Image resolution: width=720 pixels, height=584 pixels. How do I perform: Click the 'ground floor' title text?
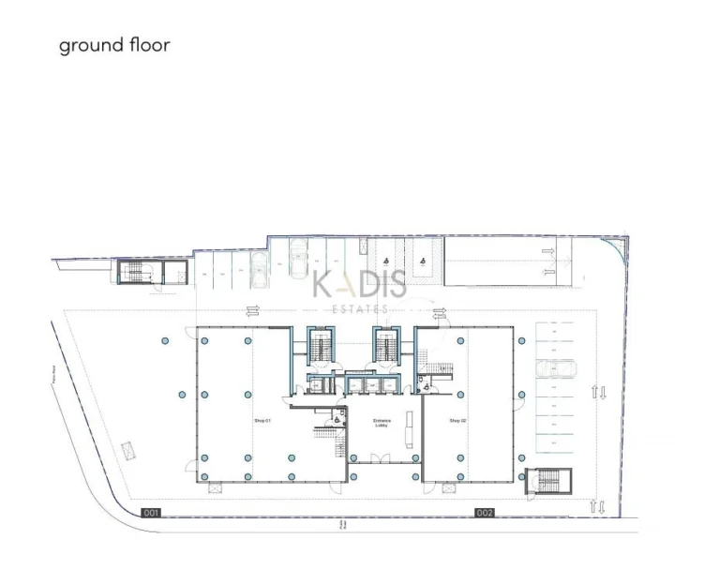114,45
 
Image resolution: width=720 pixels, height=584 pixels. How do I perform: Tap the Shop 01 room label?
262,421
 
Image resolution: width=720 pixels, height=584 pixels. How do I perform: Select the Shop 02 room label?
457,421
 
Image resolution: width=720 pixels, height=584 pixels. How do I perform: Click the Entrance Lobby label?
381,423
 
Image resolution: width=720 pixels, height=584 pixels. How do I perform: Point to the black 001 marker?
152,513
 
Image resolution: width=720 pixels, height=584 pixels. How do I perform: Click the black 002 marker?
484,513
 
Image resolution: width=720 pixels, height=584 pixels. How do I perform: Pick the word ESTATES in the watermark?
360,308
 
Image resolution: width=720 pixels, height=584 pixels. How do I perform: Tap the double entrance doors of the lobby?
380,458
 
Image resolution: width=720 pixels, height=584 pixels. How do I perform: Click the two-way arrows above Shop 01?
252,313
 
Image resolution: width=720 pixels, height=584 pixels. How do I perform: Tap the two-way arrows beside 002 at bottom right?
595,507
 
